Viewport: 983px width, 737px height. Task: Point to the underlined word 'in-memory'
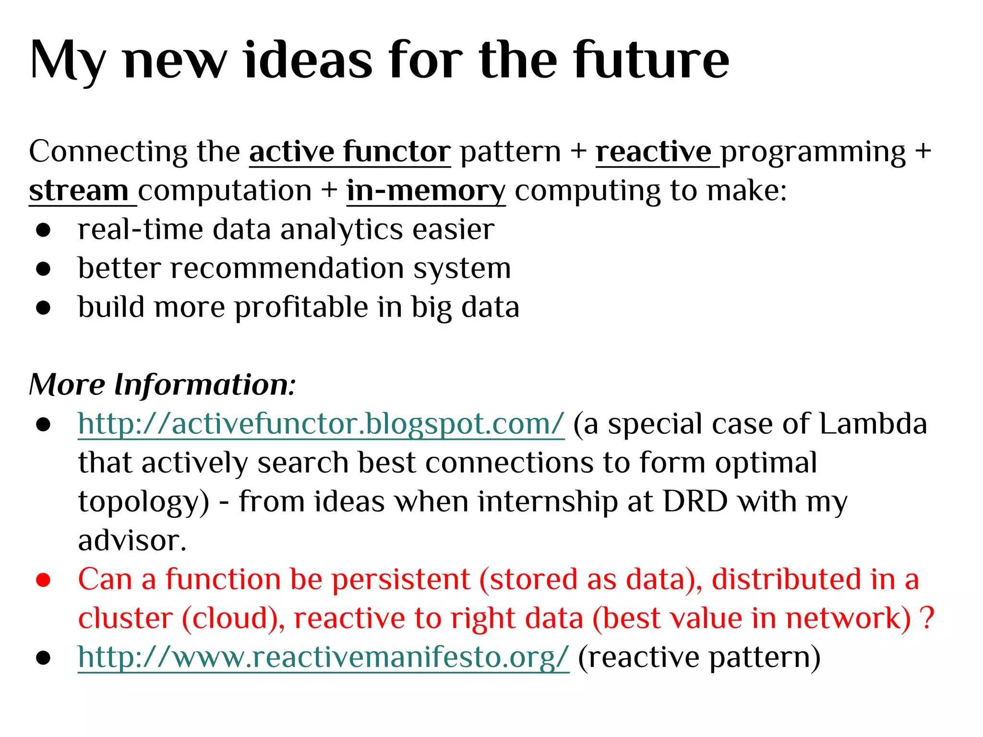click(426, 191)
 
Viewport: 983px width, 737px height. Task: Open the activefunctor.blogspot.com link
click(321, 424)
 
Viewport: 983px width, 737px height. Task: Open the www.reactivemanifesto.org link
click(323, 657)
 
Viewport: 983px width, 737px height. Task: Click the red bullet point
click(43, 580)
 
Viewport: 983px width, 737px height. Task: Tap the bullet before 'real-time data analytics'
click(43, 230)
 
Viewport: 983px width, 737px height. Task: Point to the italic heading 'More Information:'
click(162, 385)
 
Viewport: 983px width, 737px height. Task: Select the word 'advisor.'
click(132, 541)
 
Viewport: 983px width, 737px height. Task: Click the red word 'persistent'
click(401, 580)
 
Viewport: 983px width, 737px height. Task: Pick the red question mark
click(928, 618)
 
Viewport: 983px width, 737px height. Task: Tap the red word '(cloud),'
click(233, 618)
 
